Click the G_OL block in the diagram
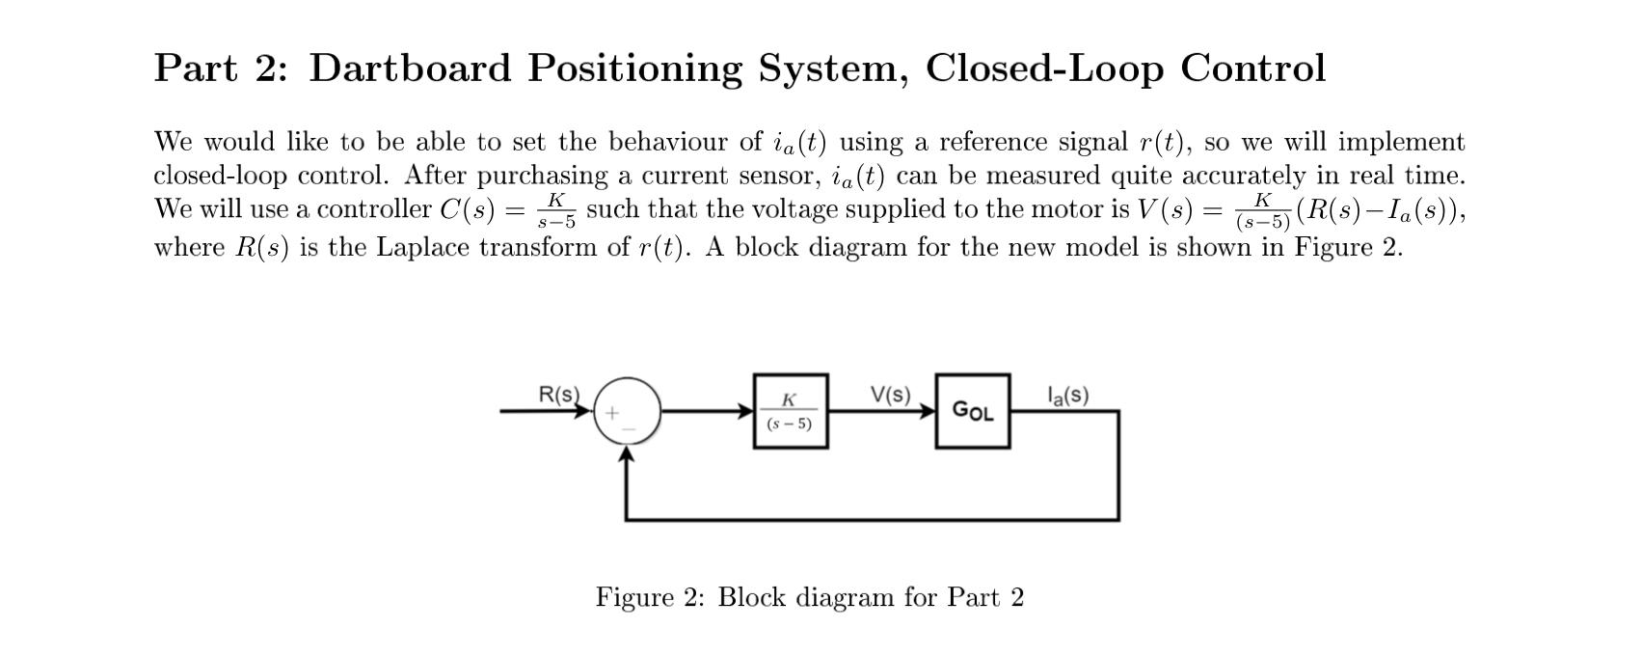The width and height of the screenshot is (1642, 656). (973, 411)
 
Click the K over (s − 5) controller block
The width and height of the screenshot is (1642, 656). (790, 411)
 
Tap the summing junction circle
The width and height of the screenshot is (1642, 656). (628, 411)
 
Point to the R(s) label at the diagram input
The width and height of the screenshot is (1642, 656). (558, 395)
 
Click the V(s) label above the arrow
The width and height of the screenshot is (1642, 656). (890, 395)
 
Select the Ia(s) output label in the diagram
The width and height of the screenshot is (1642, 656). (1068, 395)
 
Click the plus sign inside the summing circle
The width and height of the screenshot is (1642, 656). (611, 412)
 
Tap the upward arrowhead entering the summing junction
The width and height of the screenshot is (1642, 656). (628, 453)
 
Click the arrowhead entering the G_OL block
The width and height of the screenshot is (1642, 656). (927, 411)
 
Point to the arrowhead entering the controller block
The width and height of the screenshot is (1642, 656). (745, 411)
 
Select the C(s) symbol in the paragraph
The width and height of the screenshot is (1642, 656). (467, 210)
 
